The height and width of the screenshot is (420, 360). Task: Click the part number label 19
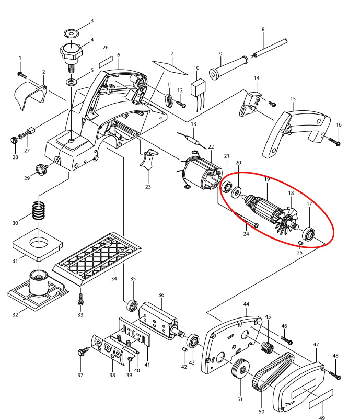coord(266,179)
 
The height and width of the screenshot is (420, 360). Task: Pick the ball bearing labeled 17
coord(309,234)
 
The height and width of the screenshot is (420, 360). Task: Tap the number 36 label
coord(161,294)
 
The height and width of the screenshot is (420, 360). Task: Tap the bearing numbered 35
coord(131,304)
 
